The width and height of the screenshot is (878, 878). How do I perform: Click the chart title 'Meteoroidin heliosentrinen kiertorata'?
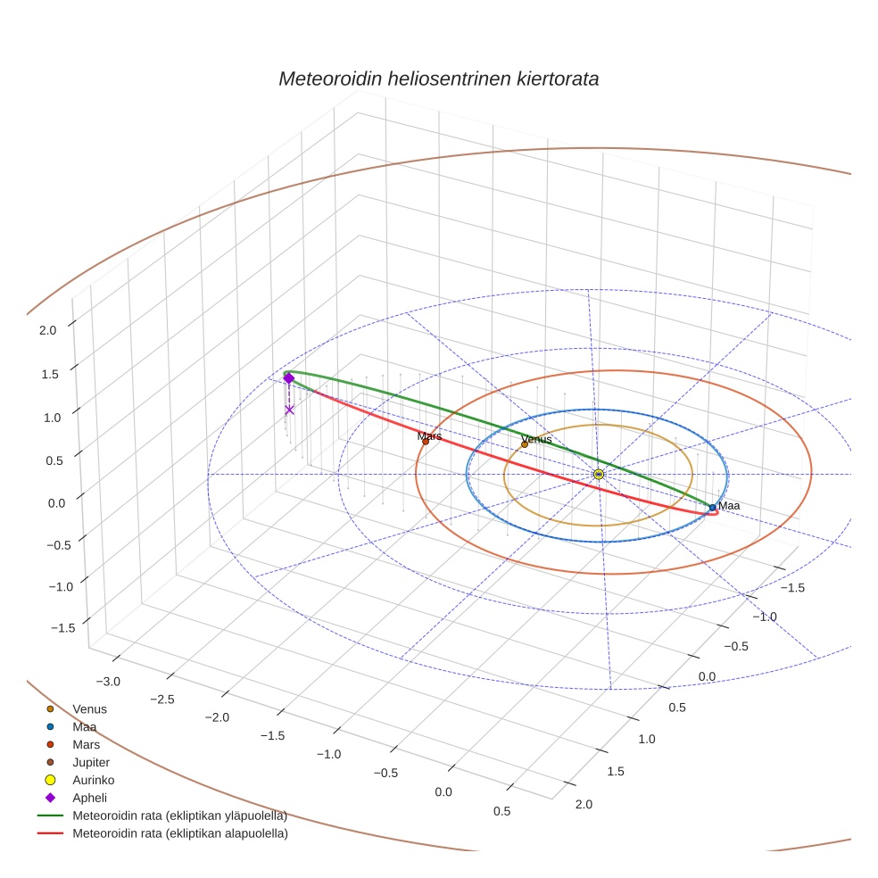tap(438, 79)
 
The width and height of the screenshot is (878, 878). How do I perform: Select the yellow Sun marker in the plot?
tap(598, 474)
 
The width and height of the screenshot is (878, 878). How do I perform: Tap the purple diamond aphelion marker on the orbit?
tap(288, 378)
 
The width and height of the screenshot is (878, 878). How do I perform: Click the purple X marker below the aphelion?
tap(289, 410)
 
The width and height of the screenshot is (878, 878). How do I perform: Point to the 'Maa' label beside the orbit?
tap(729, 506)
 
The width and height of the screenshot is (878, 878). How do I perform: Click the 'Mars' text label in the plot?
tap(429, 436)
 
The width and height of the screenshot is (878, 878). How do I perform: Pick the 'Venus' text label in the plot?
tap(536, 439)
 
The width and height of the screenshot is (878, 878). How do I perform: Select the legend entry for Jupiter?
tap(91, 762)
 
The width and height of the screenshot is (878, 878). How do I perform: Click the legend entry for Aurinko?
tap(93, 780)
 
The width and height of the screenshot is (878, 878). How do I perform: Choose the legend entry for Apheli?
tap(89, 798)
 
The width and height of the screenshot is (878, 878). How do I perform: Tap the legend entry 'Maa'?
tap(84, 726)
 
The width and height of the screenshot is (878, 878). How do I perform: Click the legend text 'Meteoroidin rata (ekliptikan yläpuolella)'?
tap(179, 816)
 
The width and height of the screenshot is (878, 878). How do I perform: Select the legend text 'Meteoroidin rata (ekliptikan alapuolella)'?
tap(180, 833)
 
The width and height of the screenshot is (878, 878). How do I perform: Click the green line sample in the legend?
tap(50, 816)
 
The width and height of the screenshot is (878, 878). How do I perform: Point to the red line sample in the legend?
tap(50, 833)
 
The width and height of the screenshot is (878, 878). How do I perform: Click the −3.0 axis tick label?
tap(108, 682)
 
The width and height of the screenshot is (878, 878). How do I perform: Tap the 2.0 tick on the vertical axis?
tap(48, 329)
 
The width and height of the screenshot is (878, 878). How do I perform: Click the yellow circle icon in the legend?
tap(50, 780)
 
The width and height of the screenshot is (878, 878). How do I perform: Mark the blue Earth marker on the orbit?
tap(712, 507)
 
